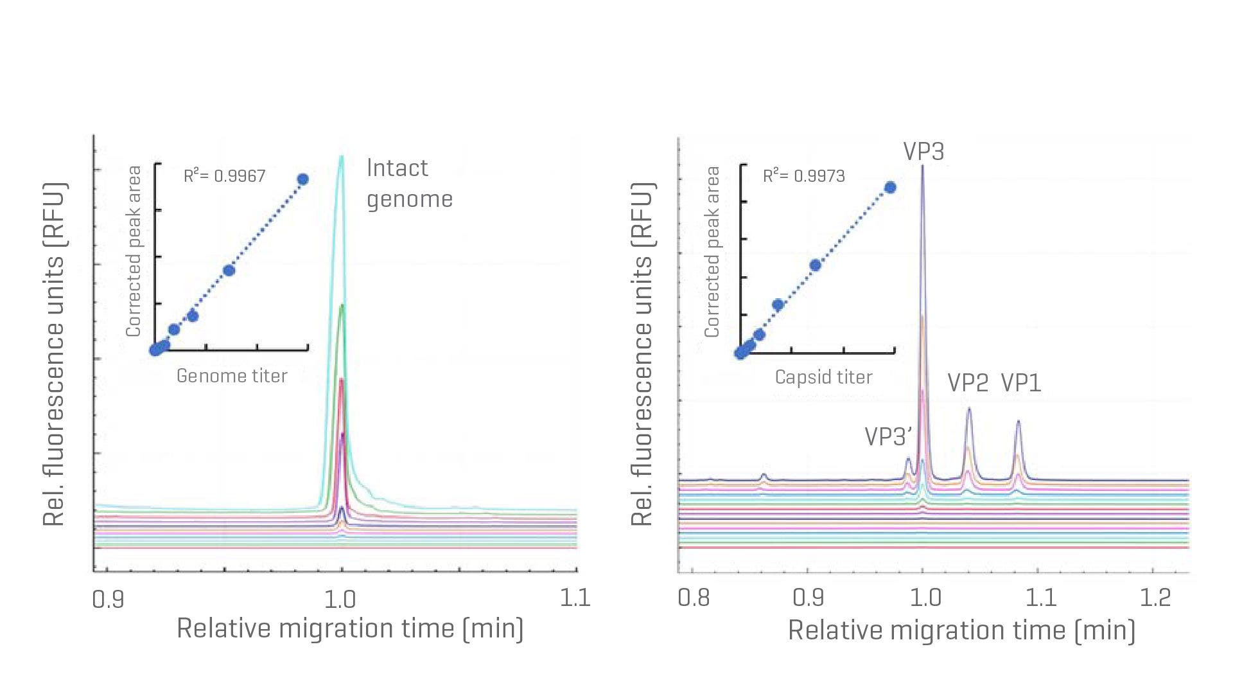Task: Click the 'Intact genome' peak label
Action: (x=409, y=183)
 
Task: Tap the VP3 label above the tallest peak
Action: (x=923, y=152)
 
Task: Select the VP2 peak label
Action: (x=968, y=383)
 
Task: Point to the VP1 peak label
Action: (x=1021, y=383)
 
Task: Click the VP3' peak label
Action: (x=888, y=436)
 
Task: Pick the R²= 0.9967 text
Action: (x=224, y=175)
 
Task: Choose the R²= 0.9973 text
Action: (x=803, y=175)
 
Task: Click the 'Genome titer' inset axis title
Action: (x=232, y=376)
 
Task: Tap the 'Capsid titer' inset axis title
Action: (x=823, y=377)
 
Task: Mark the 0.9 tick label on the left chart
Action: (x=108, y=599)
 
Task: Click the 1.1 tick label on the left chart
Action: (x=575, y=598)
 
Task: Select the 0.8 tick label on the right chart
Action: (x=694, y=598)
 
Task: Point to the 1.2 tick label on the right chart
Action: (x=1155, y=598)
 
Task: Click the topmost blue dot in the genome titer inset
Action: (x=303, y=179)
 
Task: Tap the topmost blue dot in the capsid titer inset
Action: (x=890, y=188)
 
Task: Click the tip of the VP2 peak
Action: (x=968, y=409)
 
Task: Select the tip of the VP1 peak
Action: (x=1018, y=422)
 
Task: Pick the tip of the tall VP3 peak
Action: (x=923, y=166)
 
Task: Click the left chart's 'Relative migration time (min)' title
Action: (x=350, y=628)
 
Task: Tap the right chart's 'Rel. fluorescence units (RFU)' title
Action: (x=642, y=354)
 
